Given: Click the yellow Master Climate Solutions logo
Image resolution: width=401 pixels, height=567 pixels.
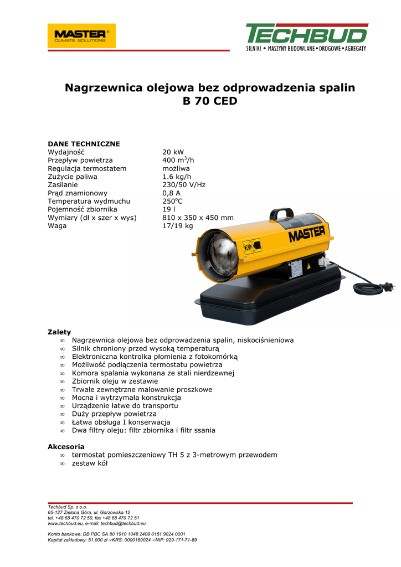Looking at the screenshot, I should coord(81,36).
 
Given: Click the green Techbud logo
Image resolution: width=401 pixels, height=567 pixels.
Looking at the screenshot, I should coord(306,37).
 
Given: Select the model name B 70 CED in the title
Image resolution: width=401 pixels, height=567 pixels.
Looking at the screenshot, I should coord(209,101).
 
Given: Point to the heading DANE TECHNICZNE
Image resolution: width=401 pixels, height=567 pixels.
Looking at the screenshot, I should coord(84,144).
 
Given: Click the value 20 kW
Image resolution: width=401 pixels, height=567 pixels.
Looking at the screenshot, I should coord(173,152).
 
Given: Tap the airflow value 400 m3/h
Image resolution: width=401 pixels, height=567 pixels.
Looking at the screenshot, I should coord(178,160).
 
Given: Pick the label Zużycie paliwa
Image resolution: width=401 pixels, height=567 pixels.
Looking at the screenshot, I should coord(73,177).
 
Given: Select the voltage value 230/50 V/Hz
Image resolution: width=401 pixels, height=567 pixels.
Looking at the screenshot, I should coord(183,185).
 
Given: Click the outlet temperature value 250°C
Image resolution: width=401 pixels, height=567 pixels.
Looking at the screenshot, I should coord(172,201).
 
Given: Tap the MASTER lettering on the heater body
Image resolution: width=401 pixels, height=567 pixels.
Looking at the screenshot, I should coord(306,234).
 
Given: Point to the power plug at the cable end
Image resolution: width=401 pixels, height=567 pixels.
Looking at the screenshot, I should coord(388,287).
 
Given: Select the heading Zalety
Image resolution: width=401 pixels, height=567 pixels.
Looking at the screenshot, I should coord(59,332).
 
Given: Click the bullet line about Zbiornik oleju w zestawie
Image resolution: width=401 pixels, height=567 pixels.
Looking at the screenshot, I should coord(115,382).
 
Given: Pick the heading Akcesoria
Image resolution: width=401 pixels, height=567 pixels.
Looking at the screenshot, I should coord(66,446).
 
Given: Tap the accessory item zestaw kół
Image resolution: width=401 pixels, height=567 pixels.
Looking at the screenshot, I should coord(90,463).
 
